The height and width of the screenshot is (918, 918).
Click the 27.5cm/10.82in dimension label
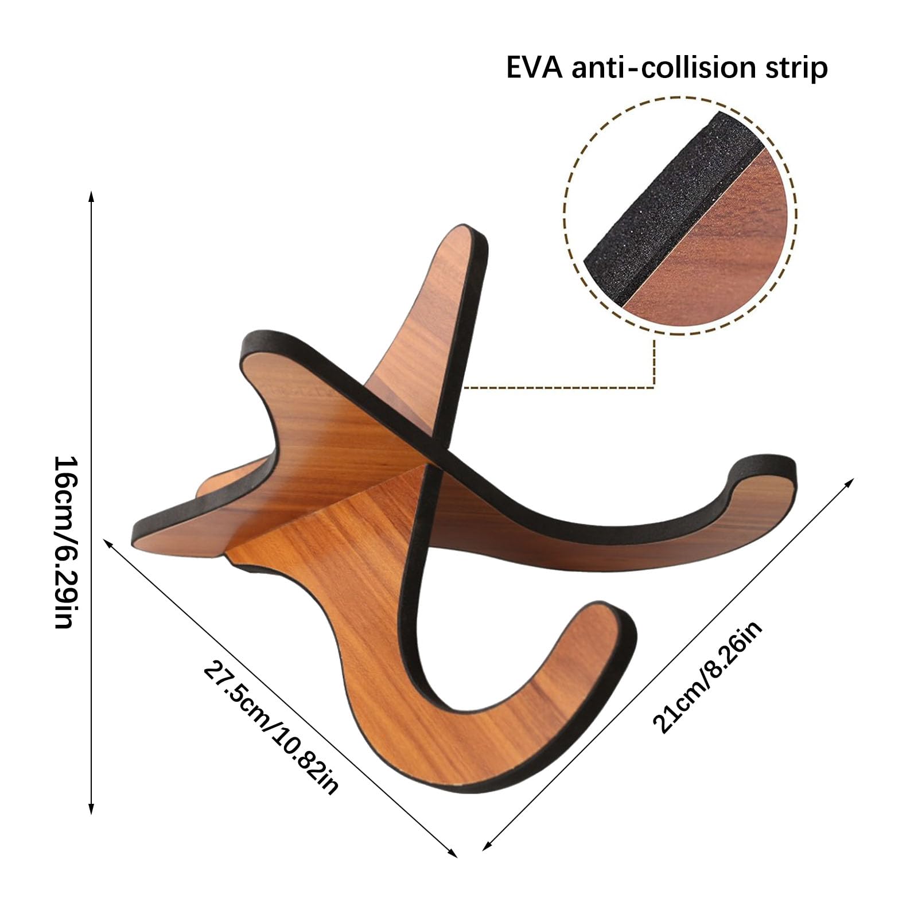tap(271, 728)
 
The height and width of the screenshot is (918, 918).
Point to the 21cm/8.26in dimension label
tap(707, 677)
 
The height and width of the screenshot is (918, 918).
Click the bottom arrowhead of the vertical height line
tap(91, 808)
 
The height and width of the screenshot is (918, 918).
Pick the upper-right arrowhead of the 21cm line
tap(849, 482)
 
